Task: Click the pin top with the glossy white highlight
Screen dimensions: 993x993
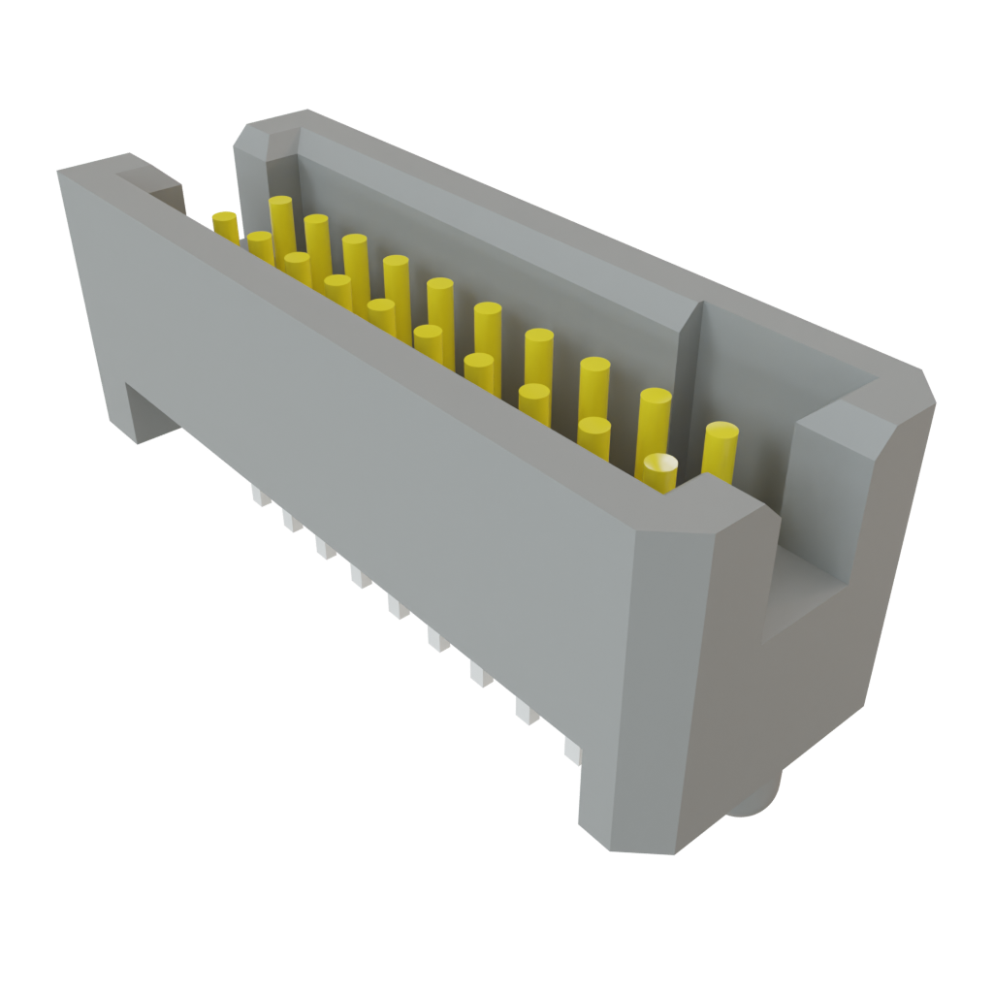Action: point(660,466)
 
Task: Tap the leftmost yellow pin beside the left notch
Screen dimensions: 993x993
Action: point(225,226)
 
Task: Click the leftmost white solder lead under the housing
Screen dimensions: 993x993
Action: point(258,496)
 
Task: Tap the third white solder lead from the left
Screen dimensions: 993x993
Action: point(323,549)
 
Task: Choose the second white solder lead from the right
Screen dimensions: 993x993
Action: point(525,713)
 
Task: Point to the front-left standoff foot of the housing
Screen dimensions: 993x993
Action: point(145,412)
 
